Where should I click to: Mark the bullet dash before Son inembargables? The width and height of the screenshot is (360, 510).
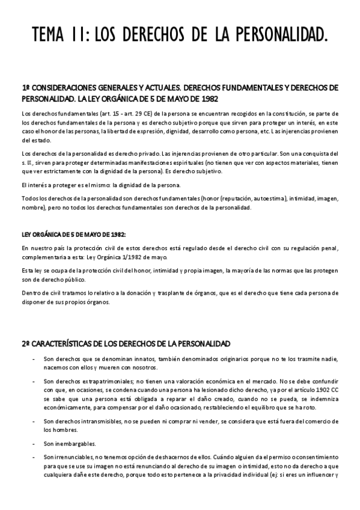[x=32, y=444]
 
